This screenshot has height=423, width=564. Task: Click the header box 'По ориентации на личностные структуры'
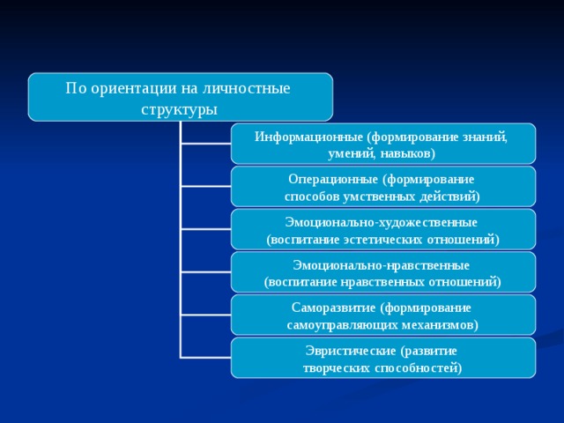point(180,97)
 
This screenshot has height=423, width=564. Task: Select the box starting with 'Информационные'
point(383,144)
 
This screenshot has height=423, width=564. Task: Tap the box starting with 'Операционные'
point(383,187)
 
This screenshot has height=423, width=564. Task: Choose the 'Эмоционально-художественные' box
point(383,230)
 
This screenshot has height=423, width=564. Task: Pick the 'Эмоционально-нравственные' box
point(383,272)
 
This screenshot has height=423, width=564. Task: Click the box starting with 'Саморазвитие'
point(383,315)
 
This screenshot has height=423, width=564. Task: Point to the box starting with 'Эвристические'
point(383,358)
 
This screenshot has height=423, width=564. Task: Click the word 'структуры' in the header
point(179,110)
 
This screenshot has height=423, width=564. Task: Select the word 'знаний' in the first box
point(488,137)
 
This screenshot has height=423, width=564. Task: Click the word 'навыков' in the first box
point(406,153)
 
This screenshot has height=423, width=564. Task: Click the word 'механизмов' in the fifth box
point(434,325)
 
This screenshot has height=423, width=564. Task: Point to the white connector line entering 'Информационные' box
point(205,144)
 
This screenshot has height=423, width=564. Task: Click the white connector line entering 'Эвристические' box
point(205,358)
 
